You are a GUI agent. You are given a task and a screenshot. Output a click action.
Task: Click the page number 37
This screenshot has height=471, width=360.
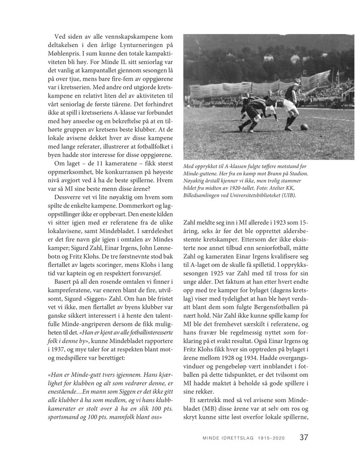(x=304, y=437)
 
